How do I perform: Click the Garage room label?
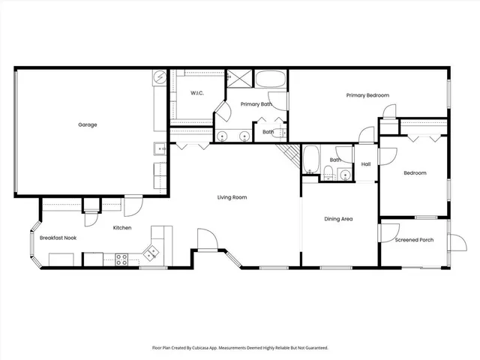coord(88,124)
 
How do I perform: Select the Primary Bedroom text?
coord(367,95)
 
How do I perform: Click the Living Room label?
coord(232,197)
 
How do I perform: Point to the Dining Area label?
coord(338,219)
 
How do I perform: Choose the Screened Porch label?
coord(414,240)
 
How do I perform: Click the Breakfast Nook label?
coord(59,238)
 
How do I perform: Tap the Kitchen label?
coord(122,227)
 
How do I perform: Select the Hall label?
coord(366,164)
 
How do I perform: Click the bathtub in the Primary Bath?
coord(270,79)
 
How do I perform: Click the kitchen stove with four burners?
coord(121,259)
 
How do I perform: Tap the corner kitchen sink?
coord(152,252)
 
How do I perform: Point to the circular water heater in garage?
coord(160,76)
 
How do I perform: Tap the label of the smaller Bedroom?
coord(415,172)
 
